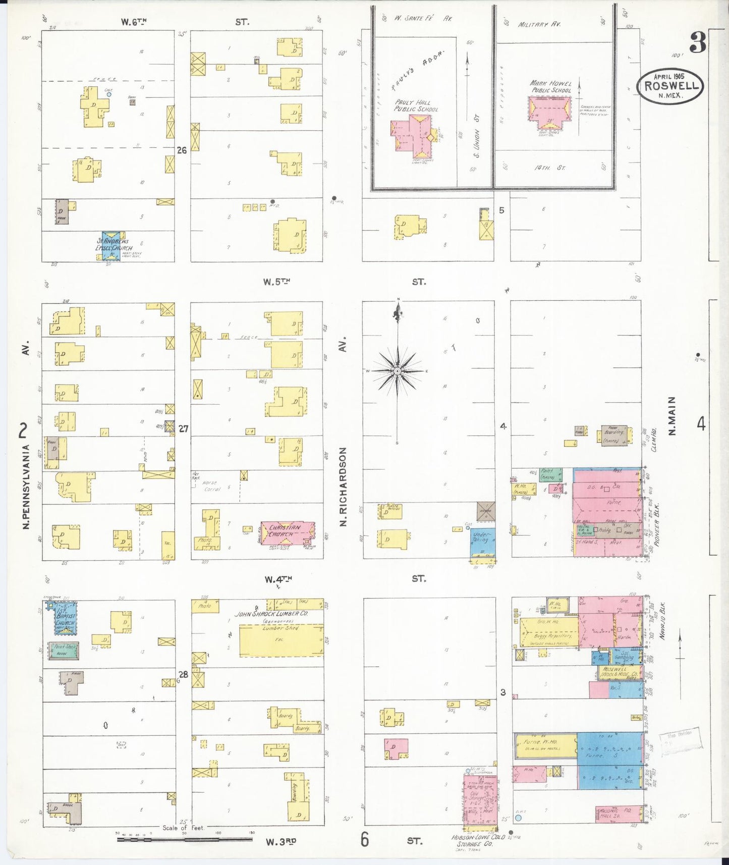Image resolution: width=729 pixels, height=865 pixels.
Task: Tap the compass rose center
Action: click(398, 371)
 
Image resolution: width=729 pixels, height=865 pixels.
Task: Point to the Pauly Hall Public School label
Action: click(416, 105)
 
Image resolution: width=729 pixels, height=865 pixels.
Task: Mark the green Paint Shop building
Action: click(64, 651)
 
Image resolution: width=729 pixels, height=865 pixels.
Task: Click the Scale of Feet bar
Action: click(185, 839)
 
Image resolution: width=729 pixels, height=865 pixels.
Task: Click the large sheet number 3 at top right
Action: click(698, 43)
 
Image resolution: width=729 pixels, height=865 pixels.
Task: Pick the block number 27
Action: click(183, 428)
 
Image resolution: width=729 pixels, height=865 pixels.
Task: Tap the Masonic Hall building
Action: click(620, 814)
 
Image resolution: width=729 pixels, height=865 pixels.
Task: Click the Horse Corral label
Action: click(212, 485)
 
